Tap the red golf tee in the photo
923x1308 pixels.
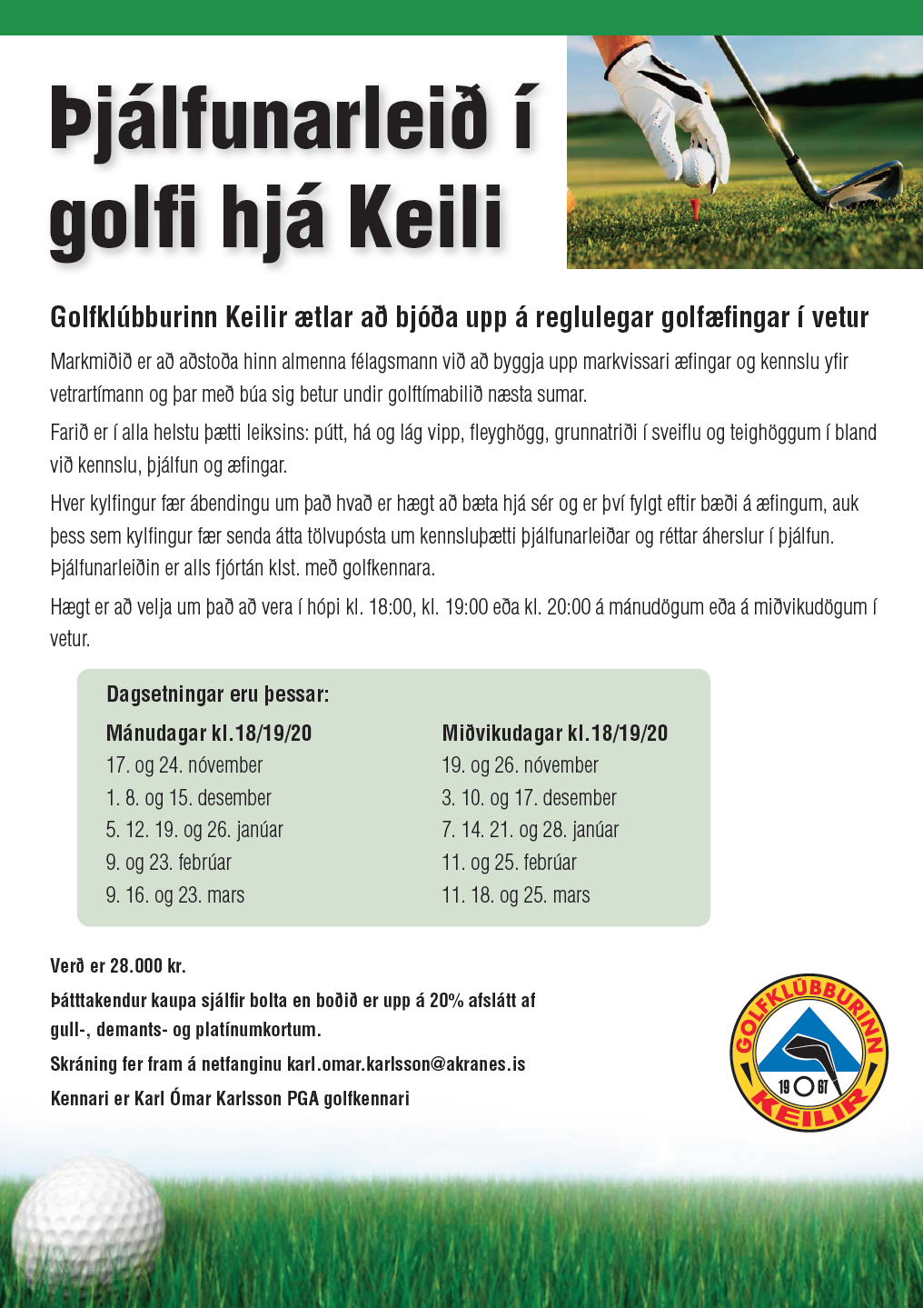coord(696,206)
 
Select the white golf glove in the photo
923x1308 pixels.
coord(677,109)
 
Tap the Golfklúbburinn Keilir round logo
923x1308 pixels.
coord(809,1053)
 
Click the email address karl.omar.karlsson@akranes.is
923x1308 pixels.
coord(406,1064)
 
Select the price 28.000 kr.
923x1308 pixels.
coord(147,966)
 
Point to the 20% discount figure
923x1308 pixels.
coord(446,1001)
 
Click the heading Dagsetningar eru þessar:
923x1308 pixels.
coord(218,694)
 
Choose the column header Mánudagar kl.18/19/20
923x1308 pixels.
coord(209,734)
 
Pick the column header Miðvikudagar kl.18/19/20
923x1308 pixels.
coord(554,734)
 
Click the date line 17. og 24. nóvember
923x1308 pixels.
coord(184,765)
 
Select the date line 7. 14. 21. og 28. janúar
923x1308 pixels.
coord(530,830)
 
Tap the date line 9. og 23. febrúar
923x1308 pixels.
coord(169,863)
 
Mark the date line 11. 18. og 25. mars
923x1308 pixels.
coord(515,895)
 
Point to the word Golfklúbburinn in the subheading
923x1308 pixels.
coord(134,317)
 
